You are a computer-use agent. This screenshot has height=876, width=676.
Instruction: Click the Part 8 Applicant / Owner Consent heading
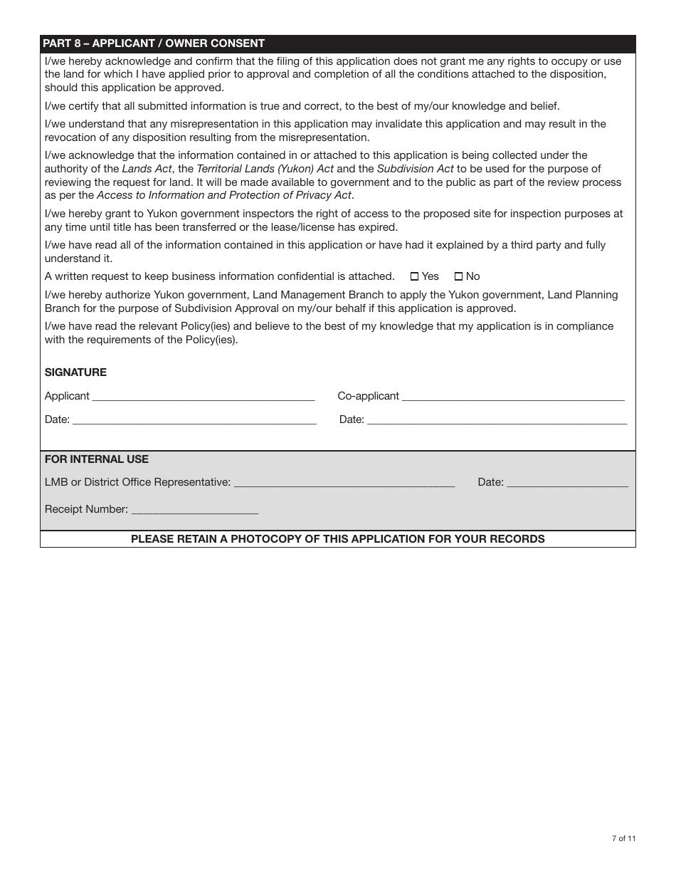pos(154,43)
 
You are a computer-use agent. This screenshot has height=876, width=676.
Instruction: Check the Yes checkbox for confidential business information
pos(415,277)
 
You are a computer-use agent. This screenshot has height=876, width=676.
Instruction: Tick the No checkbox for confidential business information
pos(458,277)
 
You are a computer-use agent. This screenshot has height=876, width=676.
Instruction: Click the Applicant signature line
pos(204,397)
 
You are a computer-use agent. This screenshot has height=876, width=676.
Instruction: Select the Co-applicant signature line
pos(513,397)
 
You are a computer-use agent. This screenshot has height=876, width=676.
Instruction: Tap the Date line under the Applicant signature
pos(194,420)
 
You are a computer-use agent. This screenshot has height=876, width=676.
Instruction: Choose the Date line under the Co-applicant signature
pos(497,420)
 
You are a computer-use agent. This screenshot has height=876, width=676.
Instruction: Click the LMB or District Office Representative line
pos(344,483)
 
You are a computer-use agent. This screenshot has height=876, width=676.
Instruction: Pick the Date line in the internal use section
pos(568,483)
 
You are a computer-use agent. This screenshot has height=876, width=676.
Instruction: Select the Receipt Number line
pos(195,510)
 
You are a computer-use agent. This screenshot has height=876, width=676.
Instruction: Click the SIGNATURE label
pos(75,372)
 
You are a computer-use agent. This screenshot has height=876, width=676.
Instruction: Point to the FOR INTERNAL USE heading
pos(97,459)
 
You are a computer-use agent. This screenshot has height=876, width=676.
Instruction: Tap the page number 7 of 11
pos(623,838)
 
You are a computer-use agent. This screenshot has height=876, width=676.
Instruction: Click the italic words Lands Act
pos(147,169)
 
